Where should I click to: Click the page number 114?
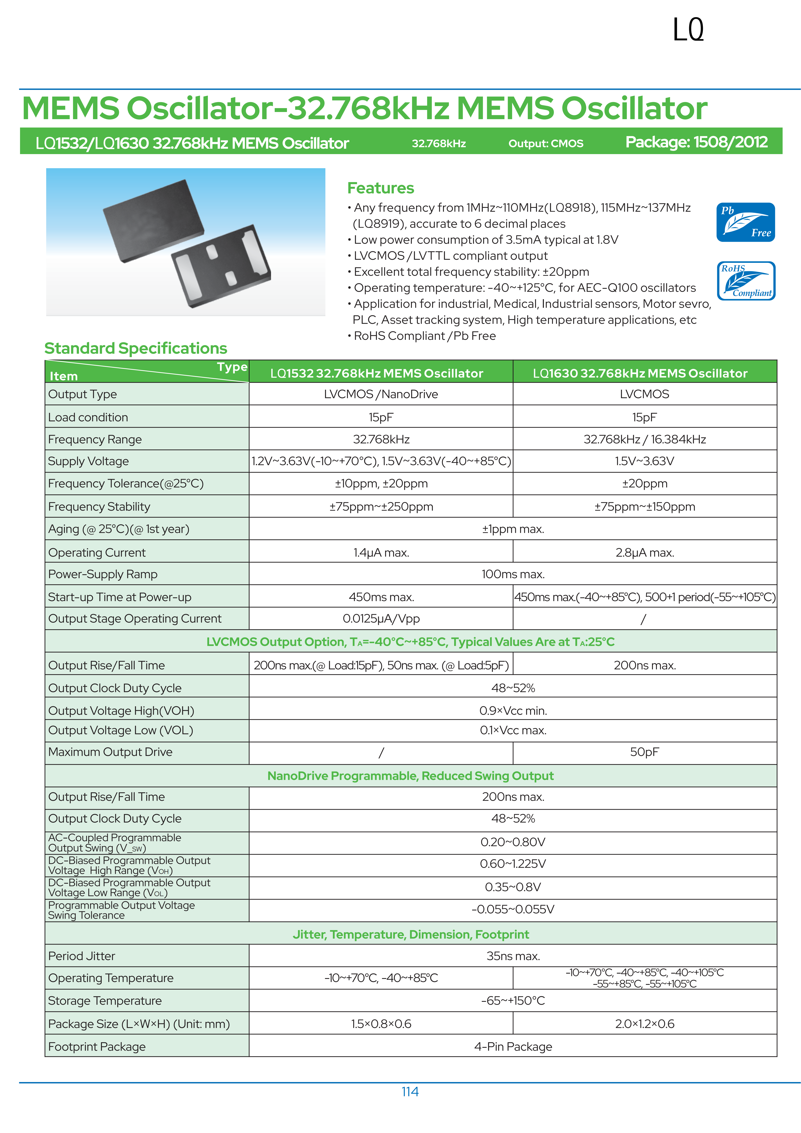click(x=410, y=1092)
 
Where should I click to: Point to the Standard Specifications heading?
click(x=136, y=348)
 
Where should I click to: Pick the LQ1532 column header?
click(x=376, y=374)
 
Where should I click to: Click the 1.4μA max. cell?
click(x=381, y=553)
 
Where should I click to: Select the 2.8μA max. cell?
click(x=645, y=553)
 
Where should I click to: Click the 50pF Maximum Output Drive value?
click(x=645, y=752)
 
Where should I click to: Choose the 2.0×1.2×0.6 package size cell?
click(x=645, y=1024)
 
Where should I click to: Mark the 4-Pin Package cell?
click(x=513, y=1047)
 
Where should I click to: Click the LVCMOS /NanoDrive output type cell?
click(x=381, y=394)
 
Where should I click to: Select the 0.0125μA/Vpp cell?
click(x=381, y=619)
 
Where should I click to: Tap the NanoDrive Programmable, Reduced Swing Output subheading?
click(x=410, y=776)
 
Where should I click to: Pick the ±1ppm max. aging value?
click(x=513, y=529)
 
